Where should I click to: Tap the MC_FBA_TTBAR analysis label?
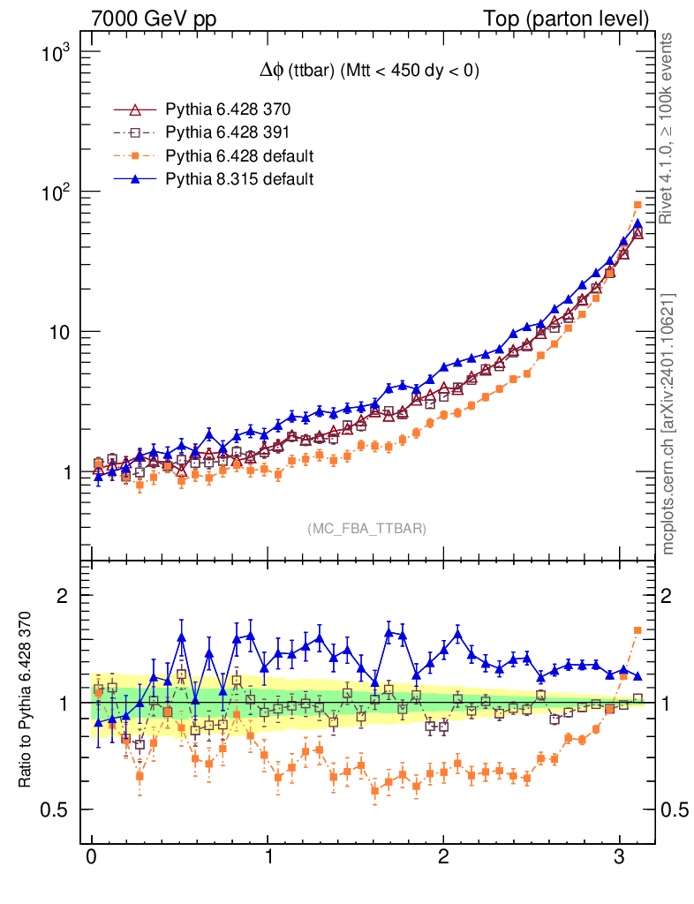pyautogui.click(x=366, y=528)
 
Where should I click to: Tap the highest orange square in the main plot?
pyautogui.click(x=637, y=205)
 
